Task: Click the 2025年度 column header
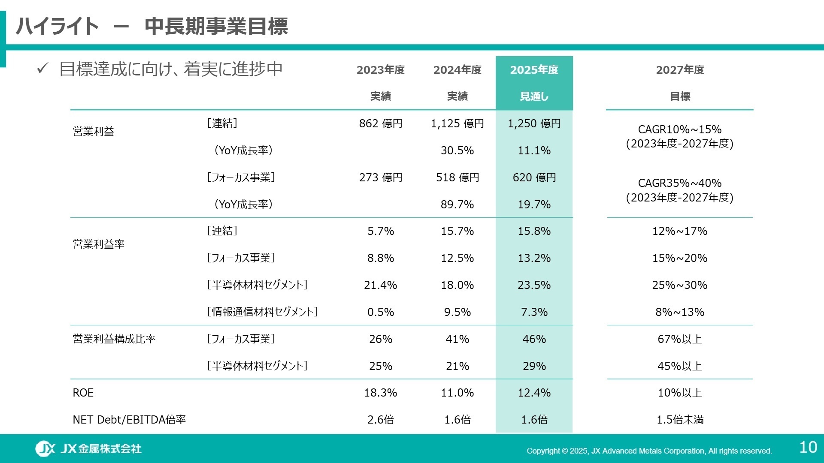[534, 70]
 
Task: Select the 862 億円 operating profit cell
[381, 123]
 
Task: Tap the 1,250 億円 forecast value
[534, 123]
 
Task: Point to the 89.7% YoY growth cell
[457, 204]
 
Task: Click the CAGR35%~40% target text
[679, 183]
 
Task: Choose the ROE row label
[83, 393]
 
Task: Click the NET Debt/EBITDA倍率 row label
[129, 420]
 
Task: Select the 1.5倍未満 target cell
[680, 420]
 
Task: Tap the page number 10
[808, 448]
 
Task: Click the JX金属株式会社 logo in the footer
[88, 448]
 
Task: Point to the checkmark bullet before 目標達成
[42, 68]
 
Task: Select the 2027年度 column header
[680, 70]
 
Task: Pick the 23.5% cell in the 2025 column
[534, 285]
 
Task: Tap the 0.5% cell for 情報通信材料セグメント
[381, 312]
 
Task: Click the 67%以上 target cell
[680, 339]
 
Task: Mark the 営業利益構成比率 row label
[114, 339]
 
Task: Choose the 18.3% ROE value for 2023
[381, 393]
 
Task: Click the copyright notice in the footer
[649, 451]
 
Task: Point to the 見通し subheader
[534, 96]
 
